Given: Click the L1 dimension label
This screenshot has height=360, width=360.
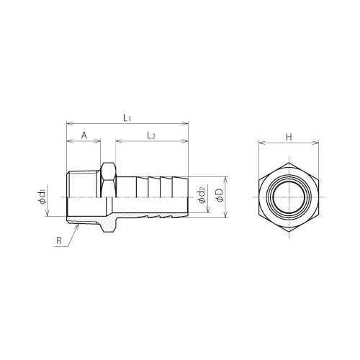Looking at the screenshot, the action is coord(127,117).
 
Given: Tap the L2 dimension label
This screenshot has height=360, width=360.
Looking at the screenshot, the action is coord(151,136).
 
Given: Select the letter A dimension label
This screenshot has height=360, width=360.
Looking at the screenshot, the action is coord(84,135).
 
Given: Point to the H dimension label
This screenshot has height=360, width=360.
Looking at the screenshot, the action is coord(289,137).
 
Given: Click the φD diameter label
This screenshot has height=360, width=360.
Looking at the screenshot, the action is coord(219,195).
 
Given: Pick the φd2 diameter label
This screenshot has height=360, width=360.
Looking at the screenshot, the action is coord(202,194).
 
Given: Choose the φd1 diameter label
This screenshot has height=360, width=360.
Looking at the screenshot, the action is coord(42,197).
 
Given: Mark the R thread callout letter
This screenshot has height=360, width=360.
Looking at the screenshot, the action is coord(59,240).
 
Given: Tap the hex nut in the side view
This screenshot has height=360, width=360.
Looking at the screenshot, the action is coord(108,180).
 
